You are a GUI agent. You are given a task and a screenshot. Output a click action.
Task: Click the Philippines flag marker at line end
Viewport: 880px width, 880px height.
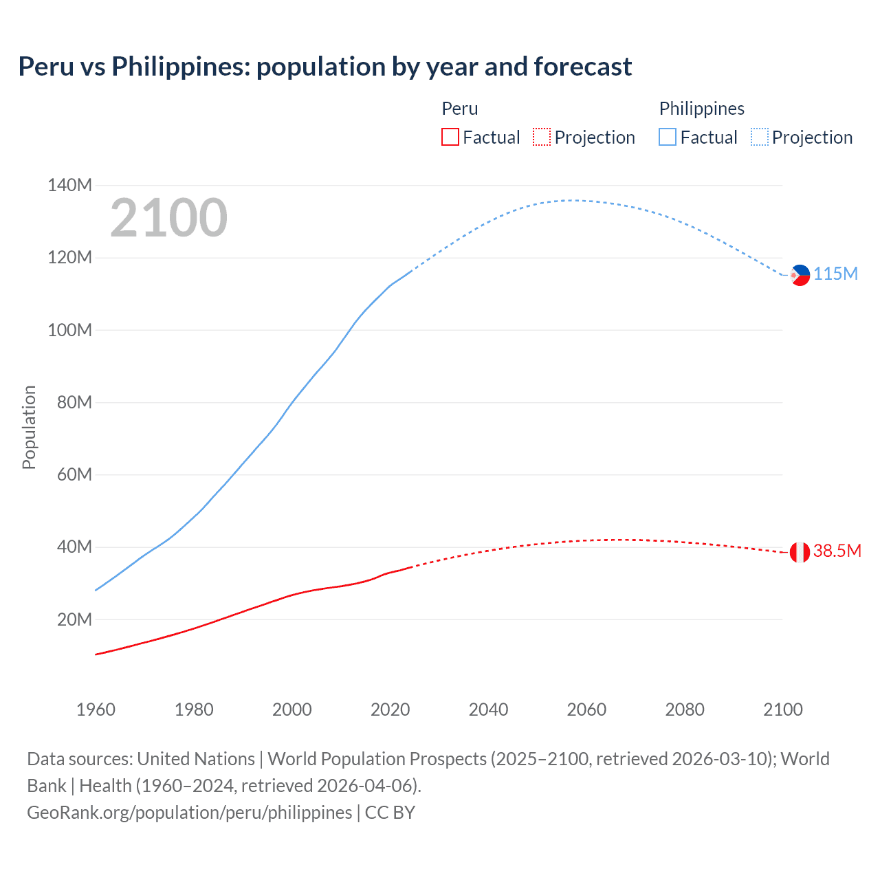click(x=800, y=275)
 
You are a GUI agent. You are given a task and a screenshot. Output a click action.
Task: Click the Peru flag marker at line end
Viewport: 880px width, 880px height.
click(x=800, y=552)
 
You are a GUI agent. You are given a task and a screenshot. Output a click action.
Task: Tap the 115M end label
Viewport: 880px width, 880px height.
click(x=835, y=274)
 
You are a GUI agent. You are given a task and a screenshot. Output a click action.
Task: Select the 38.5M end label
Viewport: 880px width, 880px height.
click(x=837, y=551)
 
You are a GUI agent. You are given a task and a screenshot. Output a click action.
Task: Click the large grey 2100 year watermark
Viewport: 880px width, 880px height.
click(x=168, y=218)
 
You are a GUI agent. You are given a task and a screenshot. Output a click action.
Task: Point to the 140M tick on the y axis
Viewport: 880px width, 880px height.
click(x=69, y=185)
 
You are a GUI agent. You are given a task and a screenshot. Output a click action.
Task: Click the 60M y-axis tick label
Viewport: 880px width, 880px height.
click(x=74, y=474)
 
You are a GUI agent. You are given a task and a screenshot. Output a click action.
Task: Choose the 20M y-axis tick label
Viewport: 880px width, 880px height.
click(x=74, y=619)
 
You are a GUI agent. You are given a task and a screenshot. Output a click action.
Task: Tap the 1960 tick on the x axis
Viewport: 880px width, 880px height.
click(x=96, y=709)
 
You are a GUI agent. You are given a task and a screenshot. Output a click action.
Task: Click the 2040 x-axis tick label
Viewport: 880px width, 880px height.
click(x=488, y=709)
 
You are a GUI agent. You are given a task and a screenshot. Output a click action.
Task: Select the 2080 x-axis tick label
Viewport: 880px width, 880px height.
click(x=685, y=709)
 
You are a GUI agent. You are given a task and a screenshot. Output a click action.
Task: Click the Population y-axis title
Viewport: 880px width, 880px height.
click(x=29, y=427)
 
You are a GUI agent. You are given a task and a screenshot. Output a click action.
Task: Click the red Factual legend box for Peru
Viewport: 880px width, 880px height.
click(x=450, y=137)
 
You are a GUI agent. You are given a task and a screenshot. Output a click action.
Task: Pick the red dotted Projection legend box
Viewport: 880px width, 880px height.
click(x=542, y=137)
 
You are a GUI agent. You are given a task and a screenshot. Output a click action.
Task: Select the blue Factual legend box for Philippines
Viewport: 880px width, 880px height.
click(x=667, y=137)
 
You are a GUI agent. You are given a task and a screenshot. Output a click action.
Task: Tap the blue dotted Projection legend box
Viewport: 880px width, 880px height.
click(x=759, y=137)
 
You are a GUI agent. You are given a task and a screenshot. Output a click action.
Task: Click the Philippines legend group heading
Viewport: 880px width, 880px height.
click(x=701, y=109)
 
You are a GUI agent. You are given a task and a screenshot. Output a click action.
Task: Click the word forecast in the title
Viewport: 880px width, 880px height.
click(x=582, y=67)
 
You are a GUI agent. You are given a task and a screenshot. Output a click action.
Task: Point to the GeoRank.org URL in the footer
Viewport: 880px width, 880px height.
click(x=189, y=813)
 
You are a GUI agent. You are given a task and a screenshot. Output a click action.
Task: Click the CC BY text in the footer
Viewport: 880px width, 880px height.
click(x=390, y=813)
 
